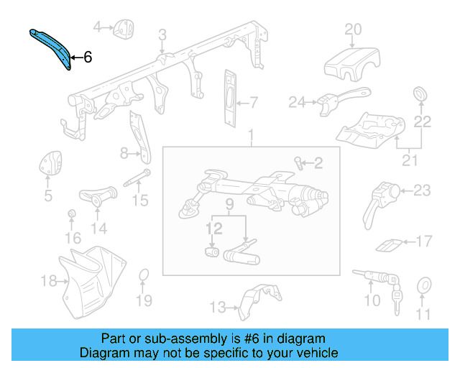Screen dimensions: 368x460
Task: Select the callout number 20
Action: coord(352,29)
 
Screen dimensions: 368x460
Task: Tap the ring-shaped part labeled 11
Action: coord(424,287)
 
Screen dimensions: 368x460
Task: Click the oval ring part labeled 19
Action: coord(144,276)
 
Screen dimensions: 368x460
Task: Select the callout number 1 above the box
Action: coord(252,136)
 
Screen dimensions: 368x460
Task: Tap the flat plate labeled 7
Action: coord(229,98)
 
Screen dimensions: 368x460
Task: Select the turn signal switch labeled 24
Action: coord(338,98)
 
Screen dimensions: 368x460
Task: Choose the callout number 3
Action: coord(162,34)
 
